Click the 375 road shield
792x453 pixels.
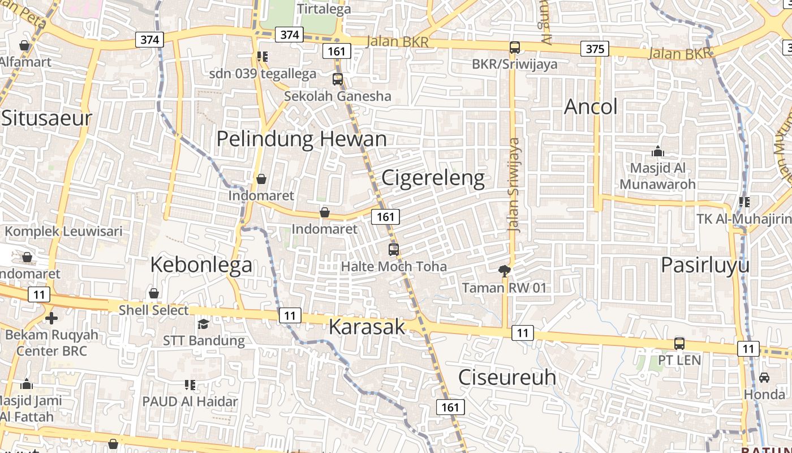click(x=595, y=49)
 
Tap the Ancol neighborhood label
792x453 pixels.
click(x=591, y=106)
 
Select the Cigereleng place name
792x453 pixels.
click(x=433, y=178)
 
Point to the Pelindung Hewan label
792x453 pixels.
click(x=302, y=139)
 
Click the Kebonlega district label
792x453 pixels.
click(x=201, y=264)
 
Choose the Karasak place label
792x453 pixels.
click(x=367, y=327)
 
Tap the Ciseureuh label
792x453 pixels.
click(x=507, y=377)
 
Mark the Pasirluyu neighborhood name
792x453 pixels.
click(x=705, y=265)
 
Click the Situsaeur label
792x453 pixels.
click(x=46, y=118)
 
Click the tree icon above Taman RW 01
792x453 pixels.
click(x=504, y=271)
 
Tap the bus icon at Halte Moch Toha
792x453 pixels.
click(x=393, y=249)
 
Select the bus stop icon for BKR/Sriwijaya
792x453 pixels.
click(x=514, y=48)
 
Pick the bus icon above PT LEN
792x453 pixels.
click(x=679, y=343)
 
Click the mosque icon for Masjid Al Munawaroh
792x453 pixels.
click(x=657, y=151)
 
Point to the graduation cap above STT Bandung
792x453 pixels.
click(x=203, y=324)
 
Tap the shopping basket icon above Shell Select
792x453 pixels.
click(x=153, y=293)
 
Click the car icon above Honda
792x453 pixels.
click(x=764, y=377)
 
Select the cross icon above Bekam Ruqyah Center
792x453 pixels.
click(x=51, y=318)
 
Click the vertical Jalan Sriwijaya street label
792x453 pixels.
click(x=514, y=185)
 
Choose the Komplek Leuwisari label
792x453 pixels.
click(x=63, y=232)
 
